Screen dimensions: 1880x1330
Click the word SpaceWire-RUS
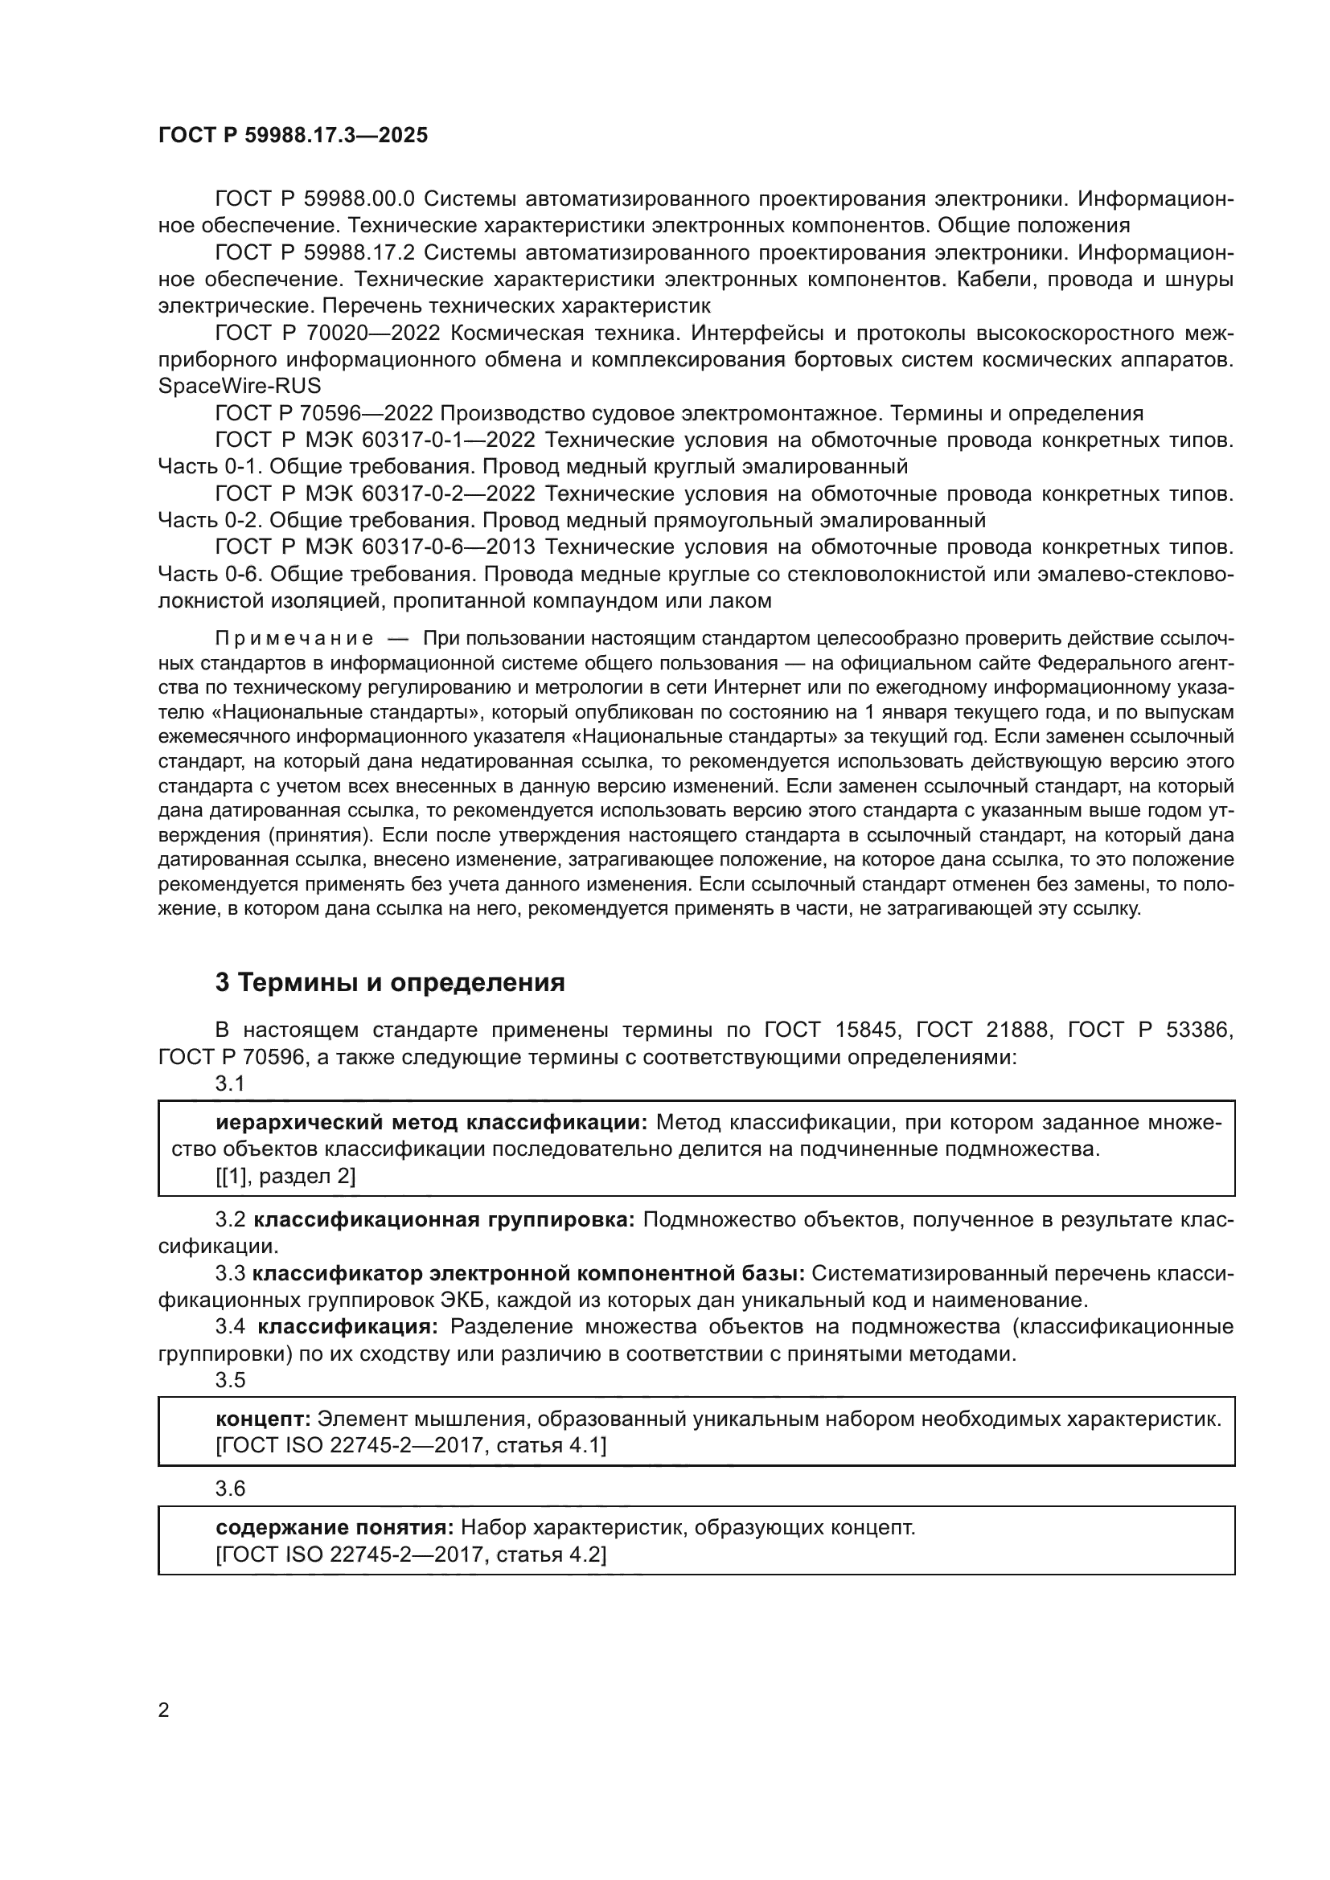[239, 386]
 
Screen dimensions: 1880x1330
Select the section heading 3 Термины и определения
[390, 982]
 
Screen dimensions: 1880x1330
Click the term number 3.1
[230, 1083]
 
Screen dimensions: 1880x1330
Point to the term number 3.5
[230, 1380]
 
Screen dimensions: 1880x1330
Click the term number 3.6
[230, 1488]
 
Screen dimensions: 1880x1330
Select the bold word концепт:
[263, 1419]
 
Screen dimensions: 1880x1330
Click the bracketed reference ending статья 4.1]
[411, 1446]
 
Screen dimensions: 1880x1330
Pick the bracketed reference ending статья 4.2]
[411, 1554]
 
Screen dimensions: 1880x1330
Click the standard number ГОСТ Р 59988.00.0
[315, 199]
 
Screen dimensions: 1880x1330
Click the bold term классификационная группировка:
[444, 1220]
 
